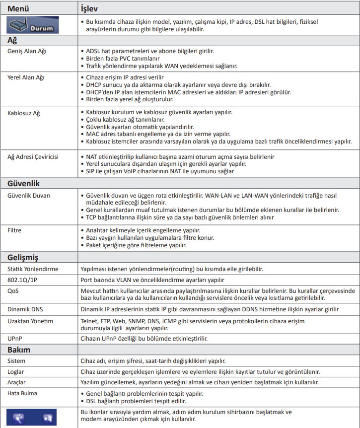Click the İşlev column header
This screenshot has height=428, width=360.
pos(93,8)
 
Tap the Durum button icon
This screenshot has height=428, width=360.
pos(33,25)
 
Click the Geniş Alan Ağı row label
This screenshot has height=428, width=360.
pos(28,52)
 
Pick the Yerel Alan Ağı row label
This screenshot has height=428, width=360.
pos(26,78)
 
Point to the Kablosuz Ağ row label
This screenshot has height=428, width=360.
pos(23,113)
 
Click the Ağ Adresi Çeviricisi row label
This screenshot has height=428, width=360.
pos(33,157)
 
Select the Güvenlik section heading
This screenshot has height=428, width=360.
pos(23,183)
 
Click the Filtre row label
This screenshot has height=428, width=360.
pos(15,231)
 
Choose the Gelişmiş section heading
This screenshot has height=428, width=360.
pos(23,257)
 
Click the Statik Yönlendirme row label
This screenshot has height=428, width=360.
pos(33,269)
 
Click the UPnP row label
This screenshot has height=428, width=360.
pos(15,338)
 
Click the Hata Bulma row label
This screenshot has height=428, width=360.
pos(22,393)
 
